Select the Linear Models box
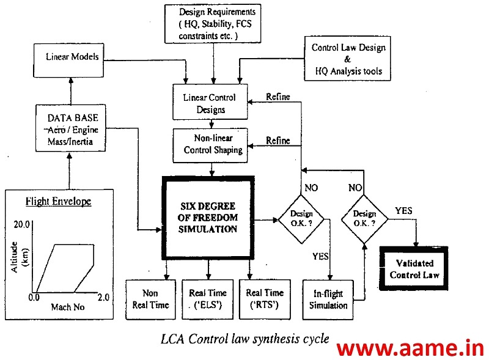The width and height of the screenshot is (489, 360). [x=68, y=57]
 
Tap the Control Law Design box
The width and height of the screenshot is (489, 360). [x=348, y=59]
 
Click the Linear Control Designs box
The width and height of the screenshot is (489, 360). [x=210, y=103]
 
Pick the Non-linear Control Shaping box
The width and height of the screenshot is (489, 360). [x=210, y=145]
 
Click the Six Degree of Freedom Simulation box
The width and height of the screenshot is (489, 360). [x=207, y=218]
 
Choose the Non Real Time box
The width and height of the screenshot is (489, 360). [x=150, y=299]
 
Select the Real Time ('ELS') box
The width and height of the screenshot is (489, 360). [x=208, y=299]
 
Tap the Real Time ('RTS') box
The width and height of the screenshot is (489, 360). [x=265, y=299]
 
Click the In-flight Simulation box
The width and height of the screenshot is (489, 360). [x=328, y=299]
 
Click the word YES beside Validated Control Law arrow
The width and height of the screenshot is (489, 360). [x=403, y=211]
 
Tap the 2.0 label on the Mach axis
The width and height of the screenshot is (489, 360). [x=103, y=298]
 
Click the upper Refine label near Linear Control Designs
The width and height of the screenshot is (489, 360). [x=278, y=97]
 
